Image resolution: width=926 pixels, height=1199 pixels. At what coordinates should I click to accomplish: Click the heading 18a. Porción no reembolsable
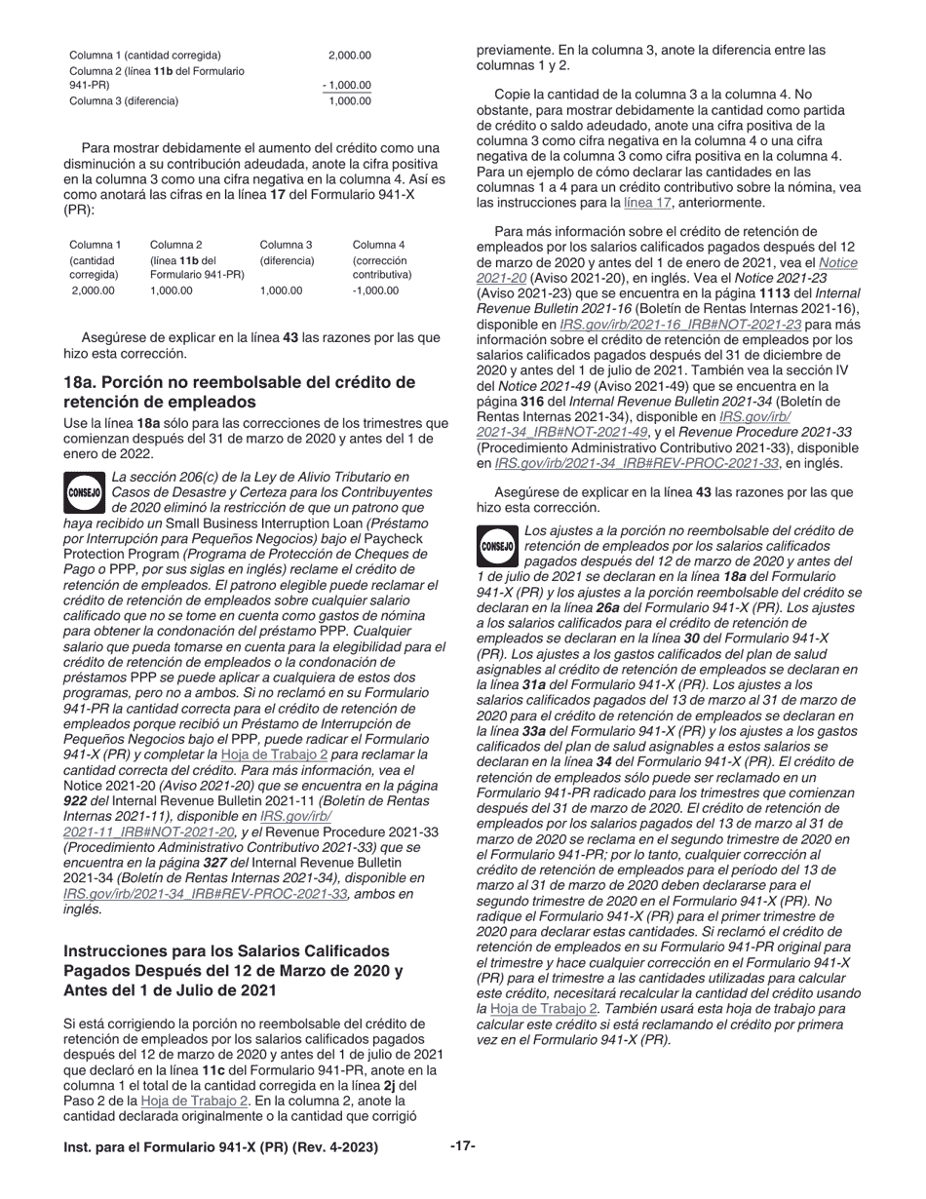(239, 391)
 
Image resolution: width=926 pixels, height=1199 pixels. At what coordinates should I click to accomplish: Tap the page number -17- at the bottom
(462, 1145)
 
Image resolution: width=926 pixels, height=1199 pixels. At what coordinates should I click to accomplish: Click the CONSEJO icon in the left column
(85, 492)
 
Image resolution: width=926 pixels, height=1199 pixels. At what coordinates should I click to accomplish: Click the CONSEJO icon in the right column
(497, 547)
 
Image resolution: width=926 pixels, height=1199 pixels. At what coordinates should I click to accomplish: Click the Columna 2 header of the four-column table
(176, 245)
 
